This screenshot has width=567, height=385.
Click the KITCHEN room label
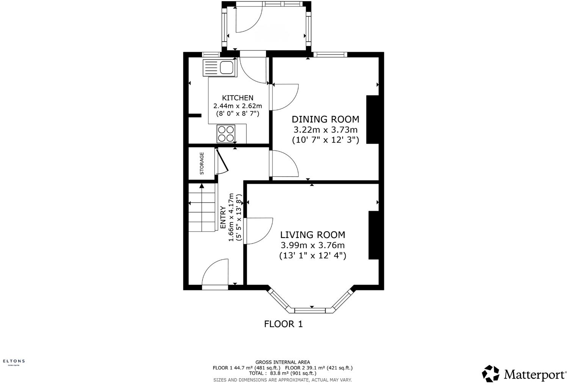click(x=237, y=98)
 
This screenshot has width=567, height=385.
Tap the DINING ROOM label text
click(x=325, y=119)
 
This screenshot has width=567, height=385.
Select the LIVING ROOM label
click(x=313, y=235)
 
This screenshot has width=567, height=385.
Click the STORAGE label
click(x=202, y=163)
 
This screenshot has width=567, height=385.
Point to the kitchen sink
click(x=220, y=68)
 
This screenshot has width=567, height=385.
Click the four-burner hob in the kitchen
click(x=226, y=134)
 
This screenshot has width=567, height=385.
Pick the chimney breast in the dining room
click(x=372, y=120)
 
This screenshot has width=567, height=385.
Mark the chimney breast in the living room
click(x=374, y=235)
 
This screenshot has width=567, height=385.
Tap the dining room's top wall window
click(x=330, y=55)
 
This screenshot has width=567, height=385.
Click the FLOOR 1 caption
click(x=283, y=324)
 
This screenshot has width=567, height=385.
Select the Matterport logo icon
click(x=490, y=374)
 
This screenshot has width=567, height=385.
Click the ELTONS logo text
click(x=14, y=361)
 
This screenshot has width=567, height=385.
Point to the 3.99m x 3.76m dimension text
click(x=313, y=245)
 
